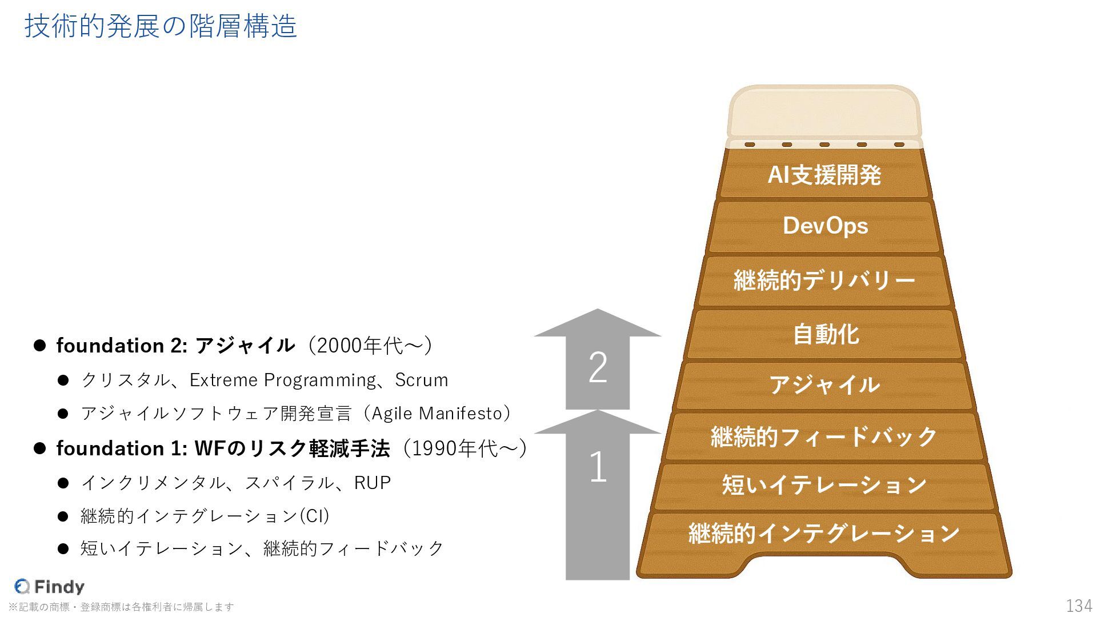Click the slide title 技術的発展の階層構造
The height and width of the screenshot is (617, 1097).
[x=161, y=27]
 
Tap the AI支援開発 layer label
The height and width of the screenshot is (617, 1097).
[x=824, y=175]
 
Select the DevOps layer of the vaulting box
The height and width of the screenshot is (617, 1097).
[x=824, y=226]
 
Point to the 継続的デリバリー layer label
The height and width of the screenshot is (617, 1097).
[x=824, y=281]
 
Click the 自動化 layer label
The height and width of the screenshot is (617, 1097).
[x=825, y=334]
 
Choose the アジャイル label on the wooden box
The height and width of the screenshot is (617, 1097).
[x=824, y=385]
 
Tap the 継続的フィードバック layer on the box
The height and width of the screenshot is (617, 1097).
[x=824, y=436]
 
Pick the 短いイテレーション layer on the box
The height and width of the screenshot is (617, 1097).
[x=824, y=485]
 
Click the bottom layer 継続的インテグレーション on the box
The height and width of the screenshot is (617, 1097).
[x=824, y=534]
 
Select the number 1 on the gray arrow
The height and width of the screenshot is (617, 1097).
[x=598, y=467]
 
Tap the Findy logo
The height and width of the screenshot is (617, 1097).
[x=50, y=586]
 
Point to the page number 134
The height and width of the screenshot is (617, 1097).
[x=1079, y=606]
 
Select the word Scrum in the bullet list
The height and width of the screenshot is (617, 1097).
[x=422, y=380]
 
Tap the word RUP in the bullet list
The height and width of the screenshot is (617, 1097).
[x=373, y=483]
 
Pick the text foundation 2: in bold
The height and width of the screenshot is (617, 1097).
[x=122, y=346]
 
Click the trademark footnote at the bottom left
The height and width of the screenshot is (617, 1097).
[x=121, y=607]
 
